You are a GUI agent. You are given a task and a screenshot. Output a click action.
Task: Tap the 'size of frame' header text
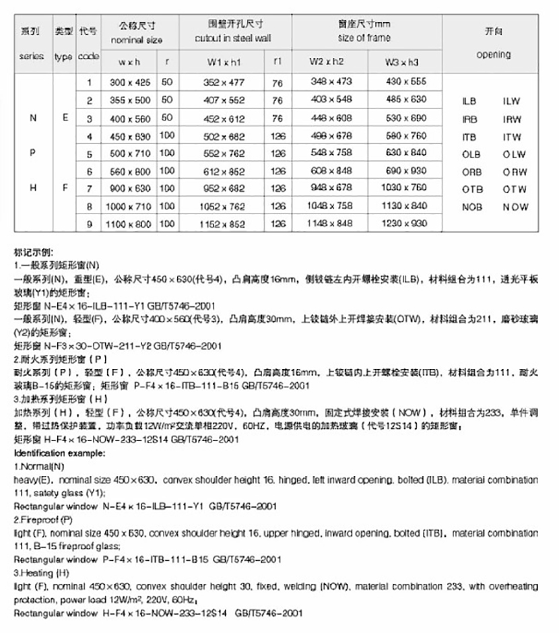364,38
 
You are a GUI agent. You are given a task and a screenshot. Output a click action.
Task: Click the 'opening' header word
493,55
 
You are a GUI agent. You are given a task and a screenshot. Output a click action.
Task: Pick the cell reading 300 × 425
128,82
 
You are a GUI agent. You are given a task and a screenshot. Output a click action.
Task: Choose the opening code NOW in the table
515,207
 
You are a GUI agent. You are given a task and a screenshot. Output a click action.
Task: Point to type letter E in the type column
65,118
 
